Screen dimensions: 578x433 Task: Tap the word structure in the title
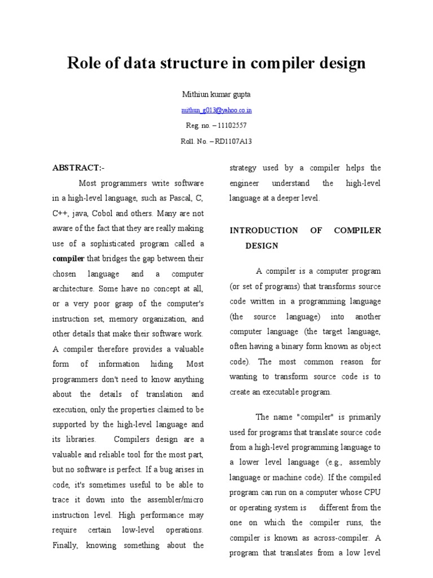point(195,63)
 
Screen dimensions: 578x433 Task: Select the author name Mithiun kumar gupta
point(216,94)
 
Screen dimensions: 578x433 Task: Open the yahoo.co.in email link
point(216,110)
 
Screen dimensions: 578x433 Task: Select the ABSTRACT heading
point(78,168)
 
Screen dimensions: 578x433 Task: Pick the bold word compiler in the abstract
point(68,259)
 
